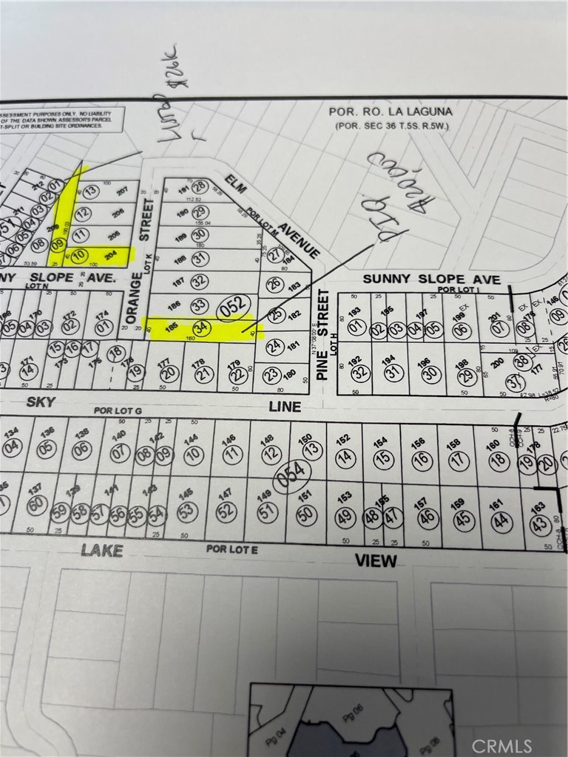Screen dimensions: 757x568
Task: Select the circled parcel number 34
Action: [200, 327]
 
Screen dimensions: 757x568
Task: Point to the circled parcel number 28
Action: [198, 187]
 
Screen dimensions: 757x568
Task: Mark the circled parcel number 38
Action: [522, 361]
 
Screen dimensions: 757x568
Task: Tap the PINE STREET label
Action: [322, 334]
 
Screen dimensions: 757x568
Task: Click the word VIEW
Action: [376, 560]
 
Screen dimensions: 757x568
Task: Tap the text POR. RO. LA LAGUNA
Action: [390, 112]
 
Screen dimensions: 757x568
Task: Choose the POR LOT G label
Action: [116, 409]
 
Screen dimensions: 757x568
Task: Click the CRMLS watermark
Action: [501, 744]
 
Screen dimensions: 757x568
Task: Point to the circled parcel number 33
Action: [199, 305]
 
